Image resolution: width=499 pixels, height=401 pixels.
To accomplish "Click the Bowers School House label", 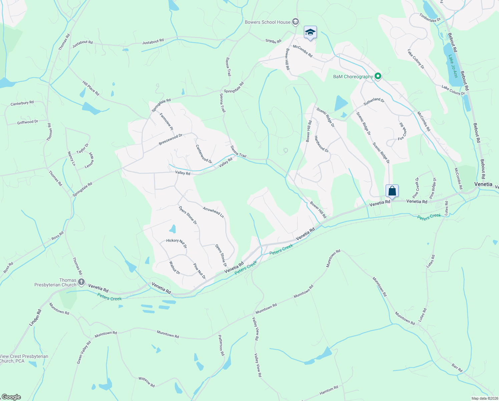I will (x=268, y=22).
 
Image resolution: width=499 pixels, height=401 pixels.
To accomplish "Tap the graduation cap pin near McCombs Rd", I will (x=310, y=32).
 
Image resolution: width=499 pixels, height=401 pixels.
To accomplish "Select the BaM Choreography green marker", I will (x=378, y=77).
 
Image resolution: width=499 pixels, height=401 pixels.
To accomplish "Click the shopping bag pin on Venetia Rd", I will (x=392, y=191).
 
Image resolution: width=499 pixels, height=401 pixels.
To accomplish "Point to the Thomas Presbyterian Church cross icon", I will (x=81, y=282).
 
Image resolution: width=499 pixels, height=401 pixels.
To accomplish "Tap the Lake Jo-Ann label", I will (x=452, y=66).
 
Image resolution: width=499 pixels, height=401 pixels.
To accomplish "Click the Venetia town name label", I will (x=483, y=184).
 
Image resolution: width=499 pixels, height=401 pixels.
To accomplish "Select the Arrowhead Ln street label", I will (x=213, y=212).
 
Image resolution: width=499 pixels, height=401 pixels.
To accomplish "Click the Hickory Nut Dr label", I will (x=176, y=243).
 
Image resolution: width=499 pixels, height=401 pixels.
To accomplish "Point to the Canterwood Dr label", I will (x=203, y=154).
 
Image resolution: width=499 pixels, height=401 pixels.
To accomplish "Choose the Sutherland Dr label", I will (x=374, y=102).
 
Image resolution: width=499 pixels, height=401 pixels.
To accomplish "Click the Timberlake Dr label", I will (x=430, y=18).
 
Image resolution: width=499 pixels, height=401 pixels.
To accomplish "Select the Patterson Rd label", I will (x=221, y=345).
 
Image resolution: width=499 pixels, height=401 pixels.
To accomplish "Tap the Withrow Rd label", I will (x=146, y=382).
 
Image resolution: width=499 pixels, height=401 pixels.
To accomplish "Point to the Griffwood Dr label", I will (x=28, y=122).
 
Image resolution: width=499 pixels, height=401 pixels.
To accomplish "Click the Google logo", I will (x=11, y=397).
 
